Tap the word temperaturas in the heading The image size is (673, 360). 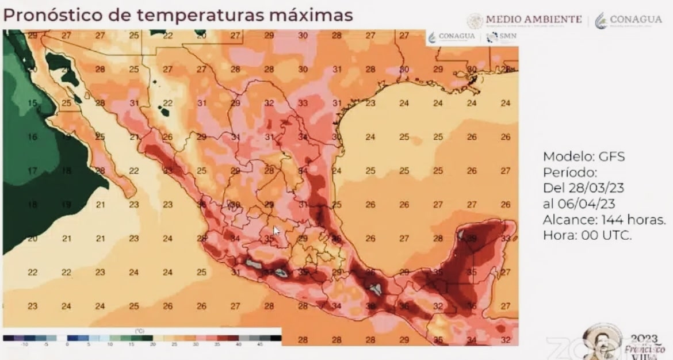(194, 15)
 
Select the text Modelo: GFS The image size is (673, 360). (584, 156)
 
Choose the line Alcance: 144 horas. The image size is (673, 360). (604, 219)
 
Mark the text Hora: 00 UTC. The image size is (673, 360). (587, 235)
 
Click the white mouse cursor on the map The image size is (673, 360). (276, 231)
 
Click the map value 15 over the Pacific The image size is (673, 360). (33, 103)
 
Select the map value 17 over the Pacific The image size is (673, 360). (33, 170)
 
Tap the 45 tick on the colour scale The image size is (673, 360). (259, 344)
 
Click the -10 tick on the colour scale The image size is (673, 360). (24, 344)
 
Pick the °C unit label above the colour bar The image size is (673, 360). (139, 331)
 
